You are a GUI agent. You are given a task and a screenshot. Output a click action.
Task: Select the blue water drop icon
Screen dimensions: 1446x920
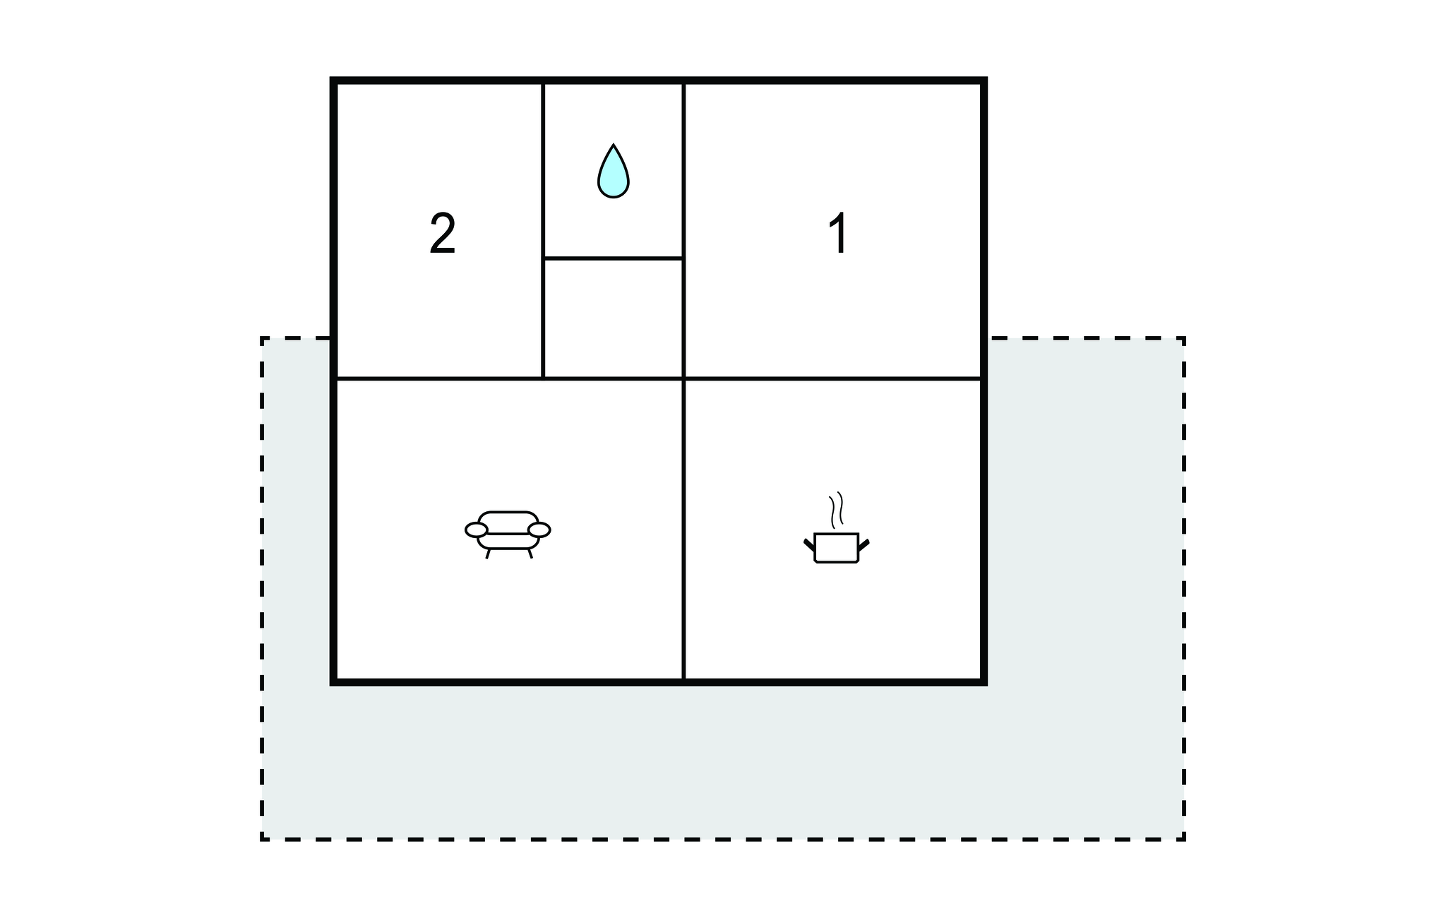pos(613,172)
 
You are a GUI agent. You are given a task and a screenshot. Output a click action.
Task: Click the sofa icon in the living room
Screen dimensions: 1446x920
pos(508,534)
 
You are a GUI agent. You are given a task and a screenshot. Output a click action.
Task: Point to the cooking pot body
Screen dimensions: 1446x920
pos(837,548)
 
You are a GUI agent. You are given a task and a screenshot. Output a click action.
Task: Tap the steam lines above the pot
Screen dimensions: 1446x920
pos(837,510)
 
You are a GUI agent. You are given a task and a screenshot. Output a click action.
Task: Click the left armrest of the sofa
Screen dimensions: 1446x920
pos(477,530)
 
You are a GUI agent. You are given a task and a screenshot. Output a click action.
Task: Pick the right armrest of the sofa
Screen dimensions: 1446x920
pos(539,530)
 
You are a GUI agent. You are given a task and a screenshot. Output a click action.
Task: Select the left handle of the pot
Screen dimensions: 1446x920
pos(809,544)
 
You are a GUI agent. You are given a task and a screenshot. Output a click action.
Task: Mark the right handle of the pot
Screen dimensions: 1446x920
pos(864,544)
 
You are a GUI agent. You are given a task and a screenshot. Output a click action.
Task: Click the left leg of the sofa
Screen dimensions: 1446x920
pos(487,554)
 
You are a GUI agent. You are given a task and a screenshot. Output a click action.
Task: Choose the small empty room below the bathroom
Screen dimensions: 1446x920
pos(613,318)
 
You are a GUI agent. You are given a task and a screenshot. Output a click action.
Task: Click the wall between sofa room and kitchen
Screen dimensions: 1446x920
pos(683,530)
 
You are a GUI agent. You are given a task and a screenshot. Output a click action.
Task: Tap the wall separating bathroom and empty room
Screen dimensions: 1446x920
pos(613,258)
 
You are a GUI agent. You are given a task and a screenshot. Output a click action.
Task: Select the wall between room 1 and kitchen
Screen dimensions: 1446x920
pos(833,379)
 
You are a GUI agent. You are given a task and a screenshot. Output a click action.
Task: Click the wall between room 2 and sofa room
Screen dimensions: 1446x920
pos(438,379)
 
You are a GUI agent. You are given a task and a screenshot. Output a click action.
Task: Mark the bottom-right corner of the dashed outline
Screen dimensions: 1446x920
pos(1184,839)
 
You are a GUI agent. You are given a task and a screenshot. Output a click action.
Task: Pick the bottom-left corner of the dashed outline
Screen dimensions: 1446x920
pos(263,839)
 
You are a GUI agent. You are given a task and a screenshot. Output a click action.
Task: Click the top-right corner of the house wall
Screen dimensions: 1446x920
pos(984,80)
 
